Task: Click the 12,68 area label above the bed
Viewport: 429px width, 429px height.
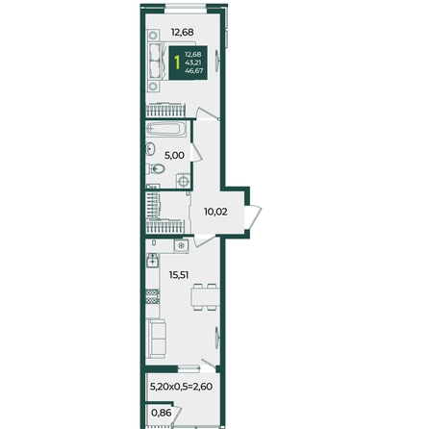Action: pyautogui.click(x=182, y=33)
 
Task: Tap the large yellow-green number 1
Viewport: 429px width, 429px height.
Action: pyautogui.click(x=177, y=63)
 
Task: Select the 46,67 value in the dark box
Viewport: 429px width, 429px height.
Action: pyautogui.click(x=193, y=71)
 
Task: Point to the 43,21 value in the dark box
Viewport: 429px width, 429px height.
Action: pyautogui.click(x=193, y=63)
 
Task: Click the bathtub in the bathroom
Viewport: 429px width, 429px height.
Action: pyautogui.click(x=166, y=129)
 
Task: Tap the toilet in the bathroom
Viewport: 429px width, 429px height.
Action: pyautogui.click(x=156, y=168)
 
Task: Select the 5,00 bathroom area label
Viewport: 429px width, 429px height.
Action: pyautogui.click(x=174, y=156)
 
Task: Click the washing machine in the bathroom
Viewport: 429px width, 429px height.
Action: pyautogui.click(x=183, y=181)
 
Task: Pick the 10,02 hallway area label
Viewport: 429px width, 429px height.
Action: pyautogui.click(x=215, y=212)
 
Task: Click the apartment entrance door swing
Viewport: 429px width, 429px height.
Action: pyautogui.click(x=253, y=217)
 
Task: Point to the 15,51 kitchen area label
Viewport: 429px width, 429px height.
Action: pyautogui.click(x=179, y=275)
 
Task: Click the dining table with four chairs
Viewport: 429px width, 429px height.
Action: pyautogui.click(x=206, y=297)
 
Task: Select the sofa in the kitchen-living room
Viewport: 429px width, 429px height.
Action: pyautogui.click(x=156, y=339)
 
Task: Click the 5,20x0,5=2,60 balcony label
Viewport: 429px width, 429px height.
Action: pyautogui.click(x=181, y=387)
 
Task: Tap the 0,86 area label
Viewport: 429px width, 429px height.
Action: pyautogui.click(x=161, y=413)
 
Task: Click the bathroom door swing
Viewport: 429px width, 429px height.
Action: pyautogui.click(x=197, y=152)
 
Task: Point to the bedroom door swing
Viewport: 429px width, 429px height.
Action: pyautogui.click(x=208, y=114)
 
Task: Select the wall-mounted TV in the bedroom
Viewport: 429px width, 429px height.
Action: pyautogui.click(x=217, y=62)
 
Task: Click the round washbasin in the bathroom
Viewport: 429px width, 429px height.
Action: pyautogui.click(x=150, y=148)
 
